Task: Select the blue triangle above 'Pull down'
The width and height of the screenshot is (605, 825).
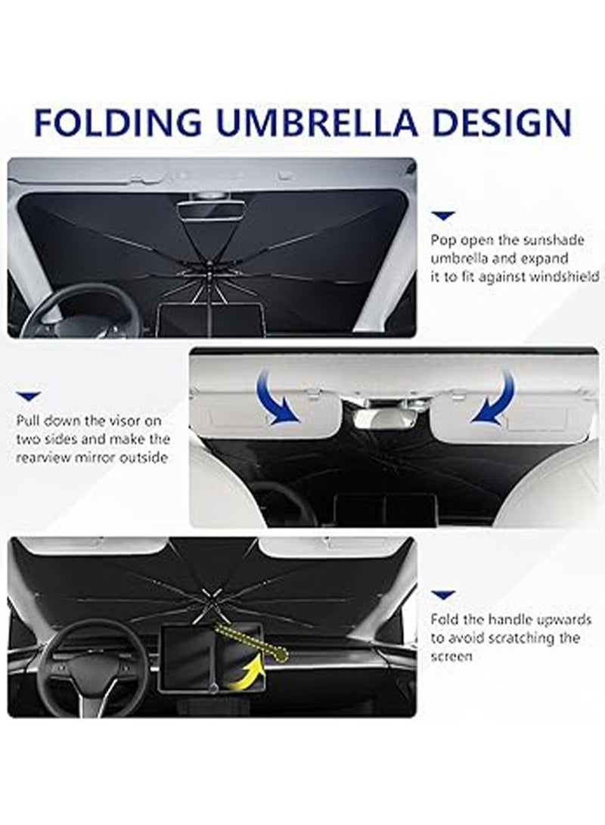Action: [x=29, y=396]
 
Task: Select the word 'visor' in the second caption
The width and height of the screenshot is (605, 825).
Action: [x=123, y=420]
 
